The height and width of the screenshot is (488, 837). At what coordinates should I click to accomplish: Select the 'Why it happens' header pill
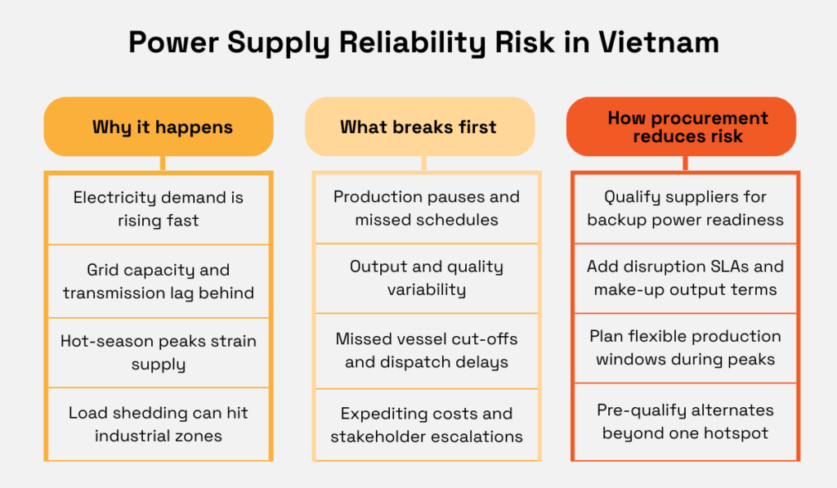click(158, 127)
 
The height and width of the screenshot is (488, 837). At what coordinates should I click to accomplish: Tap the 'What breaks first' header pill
click(418, 127)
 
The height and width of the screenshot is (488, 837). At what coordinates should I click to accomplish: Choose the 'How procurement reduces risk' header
click(681, 127)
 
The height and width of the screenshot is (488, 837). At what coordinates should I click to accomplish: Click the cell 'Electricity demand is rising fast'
click(158, 209)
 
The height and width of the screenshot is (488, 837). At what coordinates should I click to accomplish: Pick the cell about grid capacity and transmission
click(158, 281)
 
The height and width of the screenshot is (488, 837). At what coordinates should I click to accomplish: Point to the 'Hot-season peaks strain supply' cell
click(158, 352)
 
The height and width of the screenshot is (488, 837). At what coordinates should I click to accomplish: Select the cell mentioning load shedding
click(158, 424)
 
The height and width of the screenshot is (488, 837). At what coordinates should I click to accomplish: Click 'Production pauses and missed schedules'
click(426, 208)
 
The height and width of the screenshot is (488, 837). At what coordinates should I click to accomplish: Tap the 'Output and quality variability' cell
click(426, 278)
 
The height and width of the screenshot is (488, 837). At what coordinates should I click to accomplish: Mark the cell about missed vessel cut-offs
click(426, 350)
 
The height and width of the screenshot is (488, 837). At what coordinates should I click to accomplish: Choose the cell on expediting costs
click(426, 424)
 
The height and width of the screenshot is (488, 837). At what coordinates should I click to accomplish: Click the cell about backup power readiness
click(685, 208)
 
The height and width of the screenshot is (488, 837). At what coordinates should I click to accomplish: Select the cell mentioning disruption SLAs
click(685, 278)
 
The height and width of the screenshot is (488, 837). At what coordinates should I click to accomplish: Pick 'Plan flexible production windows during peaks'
click(685, 347)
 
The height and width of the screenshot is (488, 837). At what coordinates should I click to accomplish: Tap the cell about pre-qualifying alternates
click(685, 421)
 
